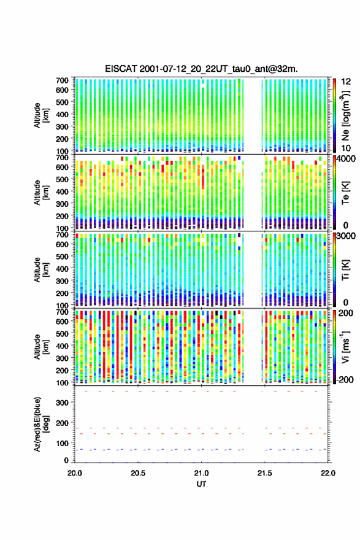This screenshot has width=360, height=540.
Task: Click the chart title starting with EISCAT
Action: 201,69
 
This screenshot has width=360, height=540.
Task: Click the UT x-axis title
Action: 201,484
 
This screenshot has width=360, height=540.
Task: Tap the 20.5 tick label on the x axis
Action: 138,473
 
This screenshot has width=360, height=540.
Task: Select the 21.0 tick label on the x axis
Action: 201,473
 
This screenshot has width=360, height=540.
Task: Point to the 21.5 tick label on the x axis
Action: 264,473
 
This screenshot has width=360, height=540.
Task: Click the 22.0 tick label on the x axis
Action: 327,473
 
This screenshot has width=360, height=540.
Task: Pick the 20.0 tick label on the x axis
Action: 75,473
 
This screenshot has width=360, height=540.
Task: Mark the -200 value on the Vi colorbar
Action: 345,379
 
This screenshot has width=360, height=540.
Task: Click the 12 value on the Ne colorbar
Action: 346,81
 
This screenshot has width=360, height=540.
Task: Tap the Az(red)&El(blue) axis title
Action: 41,424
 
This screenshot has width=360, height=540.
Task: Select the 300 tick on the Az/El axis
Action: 63,403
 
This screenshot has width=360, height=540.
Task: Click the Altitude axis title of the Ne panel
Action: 41,115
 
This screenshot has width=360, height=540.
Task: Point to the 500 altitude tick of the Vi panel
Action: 63,333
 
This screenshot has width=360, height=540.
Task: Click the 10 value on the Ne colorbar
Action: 346,148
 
